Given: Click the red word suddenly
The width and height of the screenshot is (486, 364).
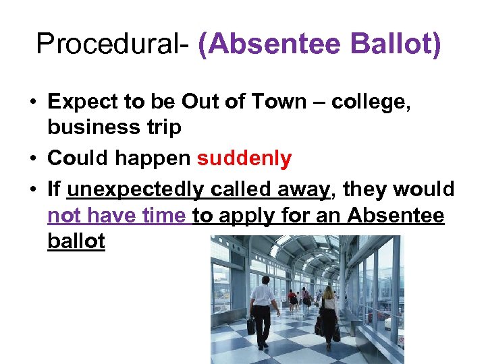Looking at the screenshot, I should pos(244,158).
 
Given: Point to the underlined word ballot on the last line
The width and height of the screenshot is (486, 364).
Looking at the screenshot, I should pos(76,241).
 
